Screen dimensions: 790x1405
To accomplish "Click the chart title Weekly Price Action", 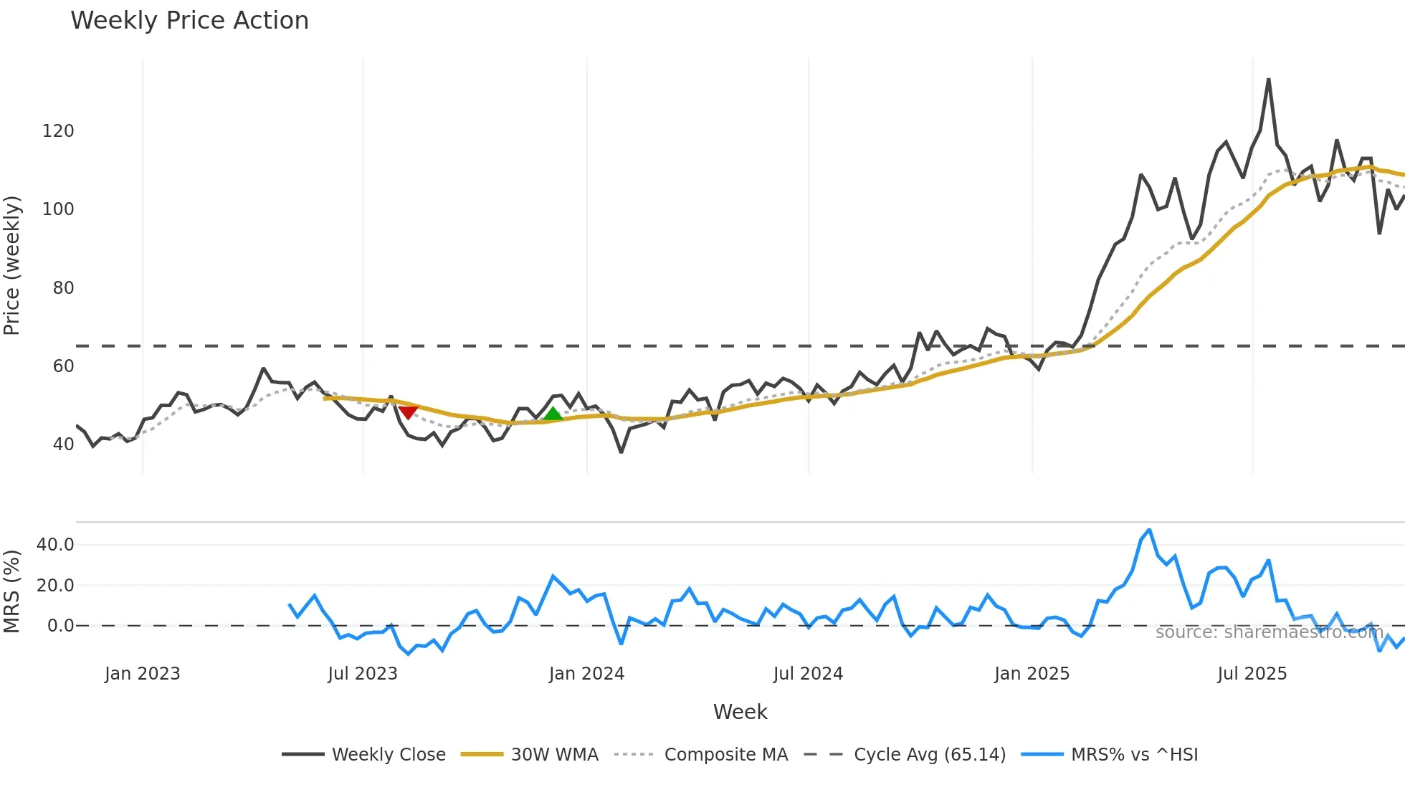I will pyautogui.click(x=189, y=21).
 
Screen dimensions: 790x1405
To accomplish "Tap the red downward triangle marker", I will pyautogui.click(x=408, y=412).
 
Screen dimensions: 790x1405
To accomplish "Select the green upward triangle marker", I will pyautogui.click(x=553, y=414).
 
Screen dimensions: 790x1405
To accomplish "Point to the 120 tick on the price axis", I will pyautogui.click(x=58, y=131).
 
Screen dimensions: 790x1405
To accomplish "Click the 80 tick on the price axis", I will pyautogui.click(x=63, y=288).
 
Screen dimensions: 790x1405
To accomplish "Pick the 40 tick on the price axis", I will pyautogui.click(x=63, y=444).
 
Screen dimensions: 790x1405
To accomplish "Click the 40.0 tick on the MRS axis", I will pyautogui.click(x=55, y=545).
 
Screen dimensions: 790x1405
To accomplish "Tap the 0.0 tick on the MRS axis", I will pyautogui.click(x=61, y=626).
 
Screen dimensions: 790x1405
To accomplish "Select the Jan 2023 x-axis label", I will pyautogui.click(x=142, y=674).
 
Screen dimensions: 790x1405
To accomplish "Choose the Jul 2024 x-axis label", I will pyautogui.click(x=808, y=674).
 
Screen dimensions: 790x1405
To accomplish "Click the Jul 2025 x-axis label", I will pyautogui.click(x=1252, y=674).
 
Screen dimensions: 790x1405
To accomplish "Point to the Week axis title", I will pyautogui.click(x=740, y=712).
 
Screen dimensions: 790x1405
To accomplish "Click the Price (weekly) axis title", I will pyautogui.click(x=12, y=265).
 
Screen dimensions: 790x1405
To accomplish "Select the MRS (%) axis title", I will pyautogui.click(x=12, y=591).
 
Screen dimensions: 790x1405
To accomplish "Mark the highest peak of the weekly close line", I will pyautogui.click(x=1268, y=80).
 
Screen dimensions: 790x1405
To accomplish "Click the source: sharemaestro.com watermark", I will pyautogui.click(x=1269, y=632).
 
